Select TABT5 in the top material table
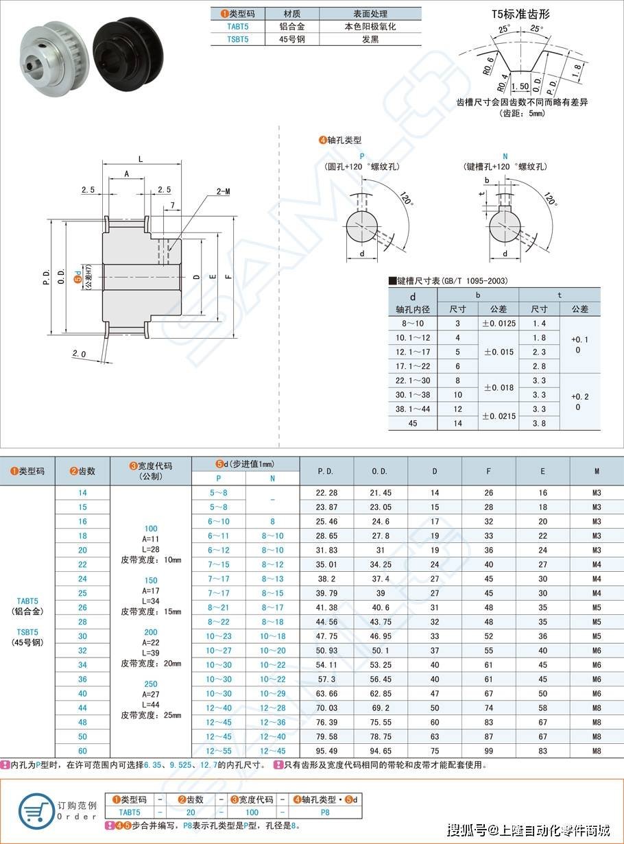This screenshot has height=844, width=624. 238,27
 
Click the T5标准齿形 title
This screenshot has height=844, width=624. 520,13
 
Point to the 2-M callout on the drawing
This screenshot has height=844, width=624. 223,191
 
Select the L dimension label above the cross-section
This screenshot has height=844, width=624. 141,158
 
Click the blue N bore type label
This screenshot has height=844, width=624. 505,156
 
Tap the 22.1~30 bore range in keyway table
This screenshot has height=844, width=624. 413,381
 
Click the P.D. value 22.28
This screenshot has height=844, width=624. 326,493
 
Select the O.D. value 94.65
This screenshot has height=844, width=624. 380,750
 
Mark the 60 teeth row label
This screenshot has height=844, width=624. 82,750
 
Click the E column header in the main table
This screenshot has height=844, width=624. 542,471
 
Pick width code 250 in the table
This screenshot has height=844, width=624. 151,684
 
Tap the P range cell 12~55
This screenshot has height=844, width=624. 218,750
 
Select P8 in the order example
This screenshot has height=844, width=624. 324,812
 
